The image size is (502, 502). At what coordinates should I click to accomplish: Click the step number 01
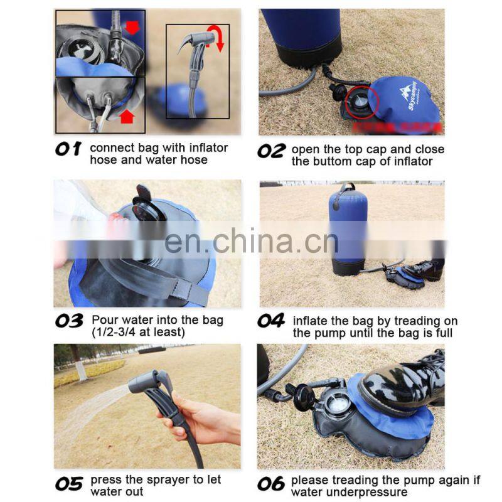pos(68,149)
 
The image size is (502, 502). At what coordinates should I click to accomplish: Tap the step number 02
pos(272,151)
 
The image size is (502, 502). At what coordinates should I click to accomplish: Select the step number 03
pos(69,321)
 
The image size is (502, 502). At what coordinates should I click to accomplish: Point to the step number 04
pos(271,321)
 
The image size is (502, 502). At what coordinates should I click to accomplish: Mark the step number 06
pos(271,483)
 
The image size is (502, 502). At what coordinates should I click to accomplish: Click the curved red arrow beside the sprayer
pos(216,38)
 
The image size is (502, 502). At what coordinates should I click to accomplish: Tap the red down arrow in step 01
pos(132,28)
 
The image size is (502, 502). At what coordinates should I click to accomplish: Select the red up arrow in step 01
pos(127,116)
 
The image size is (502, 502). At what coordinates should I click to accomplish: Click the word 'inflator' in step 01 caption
pos(208,148)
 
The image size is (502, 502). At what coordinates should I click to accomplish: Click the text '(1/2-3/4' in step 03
pos(114,333)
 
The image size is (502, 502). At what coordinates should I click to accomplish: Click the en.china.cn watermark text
pos(252,241)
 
